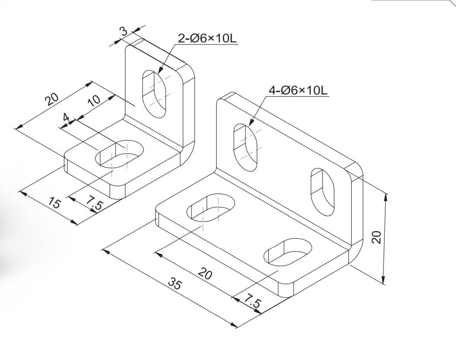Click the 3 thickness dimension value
click(x=123, y=31)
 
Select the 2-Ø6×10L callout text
click(x=207, y=38)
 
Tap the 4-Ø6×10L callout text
click(x=298, y=91)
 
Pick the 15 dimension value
click(x=55, y=203)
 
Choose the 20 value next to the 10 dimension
click(x=52, y=100)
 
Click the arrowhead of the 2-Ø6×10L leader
click(x=159, y=72)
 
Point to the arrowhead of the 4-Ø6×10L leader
click(x=250, y=125)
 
